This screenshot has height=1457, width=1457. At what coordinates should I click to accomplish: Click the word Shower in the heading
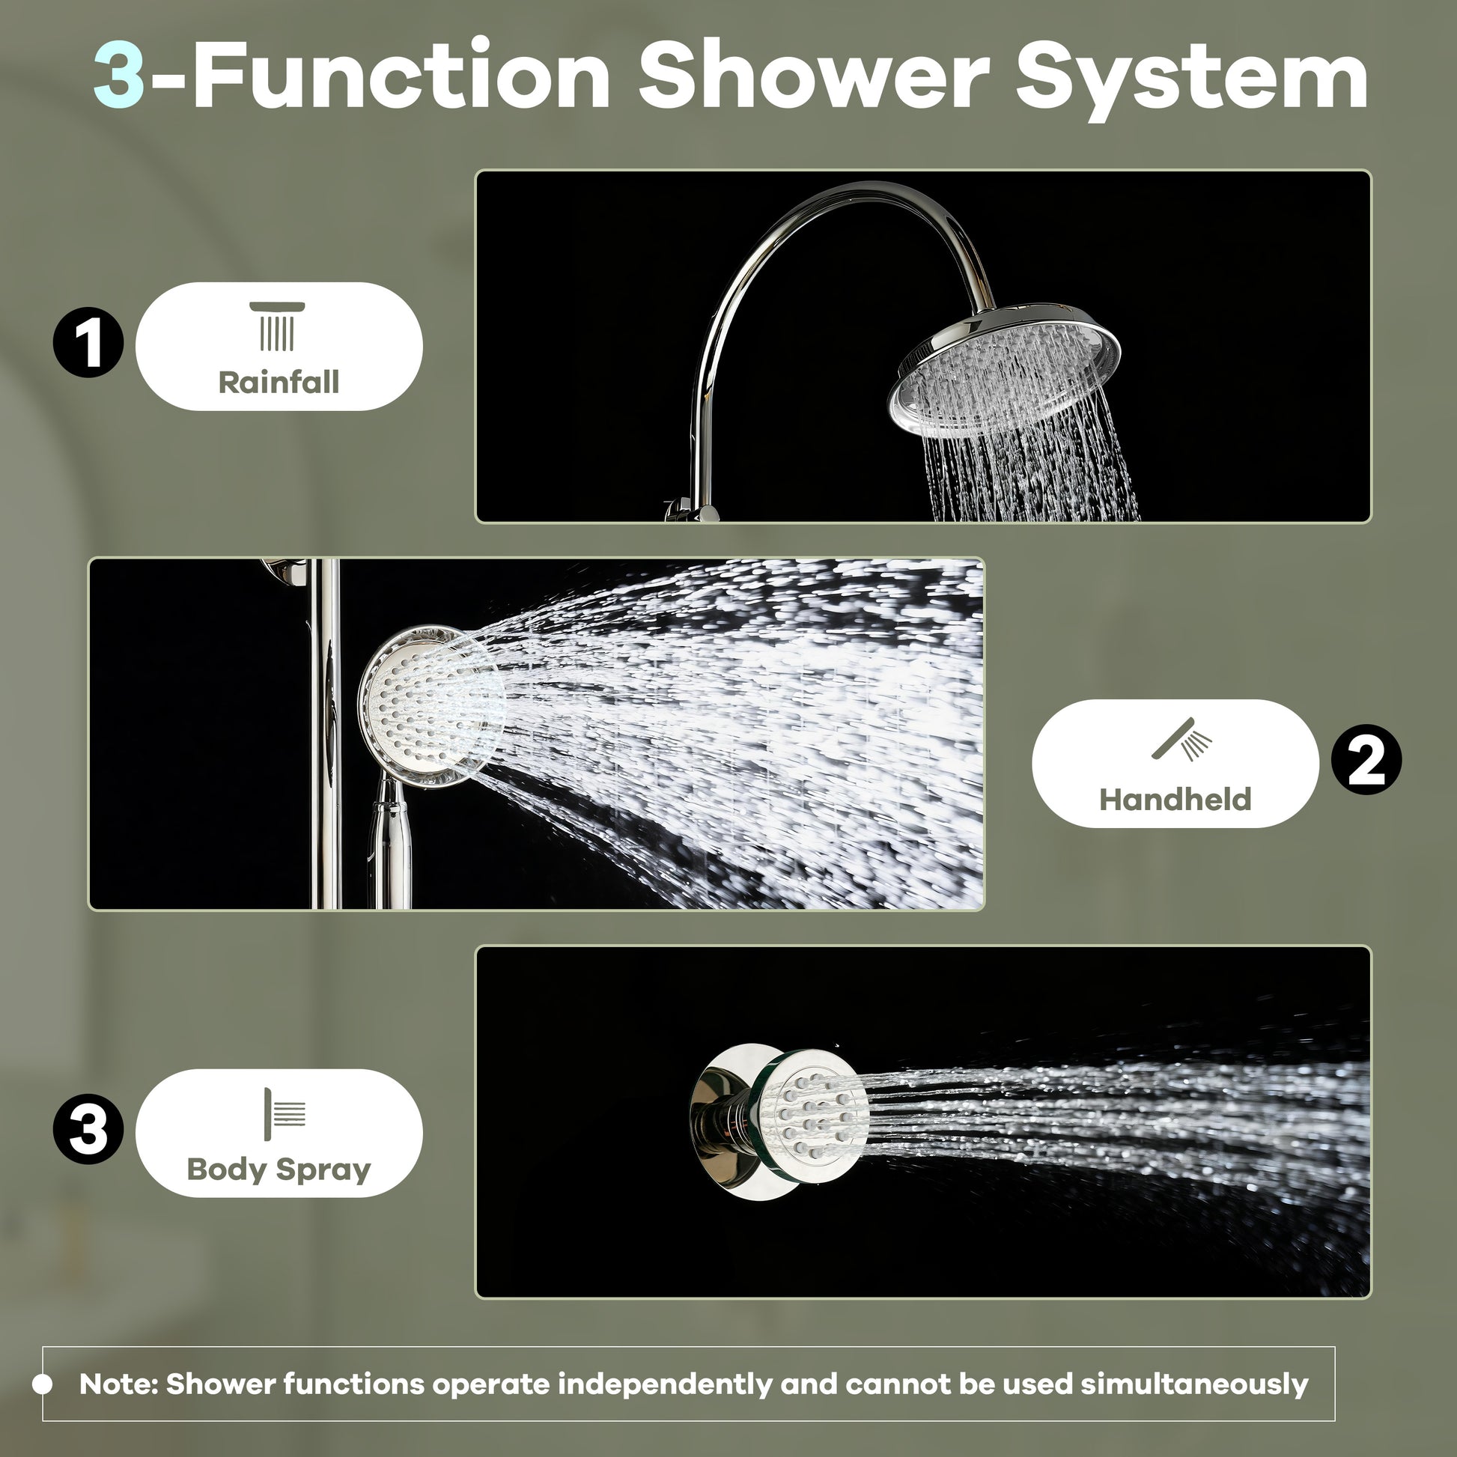[x=813, y=76]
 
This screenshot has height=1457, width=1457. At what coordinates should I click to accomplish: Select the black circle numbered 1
[x=88, y=342]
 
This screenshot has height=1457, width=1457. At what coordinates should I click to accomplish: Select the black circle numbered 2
[x=1366, y=759]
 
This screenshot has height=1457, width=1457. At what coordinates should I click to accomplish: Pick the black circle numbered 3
[x=88, y=1129]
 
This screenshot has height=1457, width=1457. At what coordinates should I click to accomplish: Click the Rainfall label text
[x=279, y=383]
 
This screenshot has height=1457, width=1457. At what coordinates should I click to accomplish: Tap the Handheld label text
[x=1174, y=800]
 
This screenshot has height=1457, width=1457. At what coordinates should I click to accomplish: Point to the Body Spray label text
[x=279, y=1169]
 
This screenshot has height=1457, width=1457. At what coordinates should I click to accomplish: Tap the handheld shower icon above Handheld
[x=1181, y=739]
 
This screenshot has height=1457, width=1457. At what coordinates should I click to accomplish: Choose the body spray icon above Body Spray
[x=285, y=1114]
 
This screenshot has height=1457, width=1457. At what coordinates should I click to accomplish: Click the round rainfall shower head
[x=1005, y=370]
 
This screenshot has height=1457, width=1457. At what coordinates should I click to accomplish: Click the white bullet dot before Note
[x=43, y=1384]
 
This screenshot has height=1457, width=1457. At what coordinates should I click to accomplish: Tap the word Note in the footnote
[x=118, y=1384]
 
